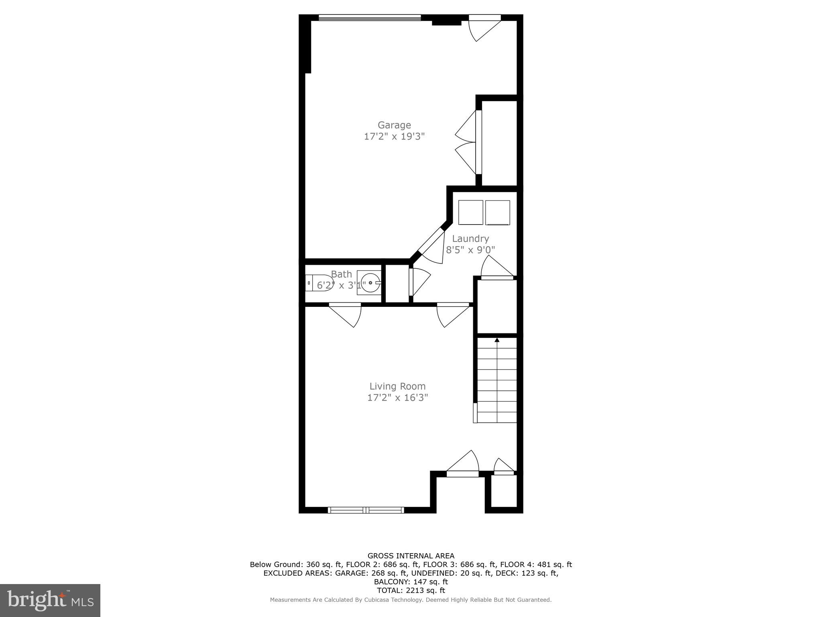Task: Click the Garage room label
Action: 394,125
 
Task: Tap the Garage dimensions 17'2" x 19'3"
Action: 394,137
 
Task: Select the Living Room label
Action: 397,386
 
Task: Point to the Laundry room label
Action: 470,239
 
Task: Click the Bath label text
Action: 341,274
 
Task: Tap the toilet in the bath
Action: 319,283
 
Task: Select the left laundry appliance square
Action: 470,212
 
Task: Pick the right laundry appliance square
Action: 498,212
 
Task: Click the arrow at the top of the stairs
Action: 497,340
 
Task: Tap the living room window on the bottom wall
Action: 366,510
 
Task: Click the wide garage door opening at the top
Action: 369,18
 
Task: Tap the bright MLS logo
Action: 50,600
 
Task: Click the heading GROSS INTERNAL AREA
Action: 411,556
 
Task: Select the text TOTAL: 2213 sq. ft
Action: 411,590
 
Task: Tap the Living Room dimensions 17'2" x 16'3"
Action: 397,398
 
